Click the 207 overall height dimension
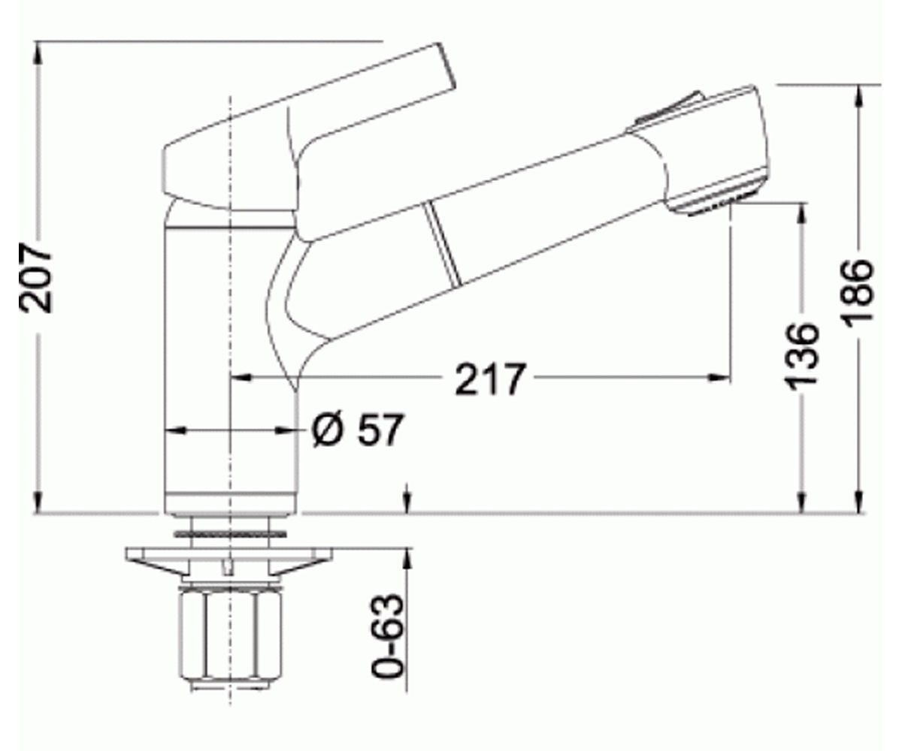35,278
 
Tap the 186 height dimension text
858,293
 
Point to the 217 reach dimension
491,379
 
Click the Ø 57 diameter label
357,430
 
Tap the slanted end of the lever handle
447,73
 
